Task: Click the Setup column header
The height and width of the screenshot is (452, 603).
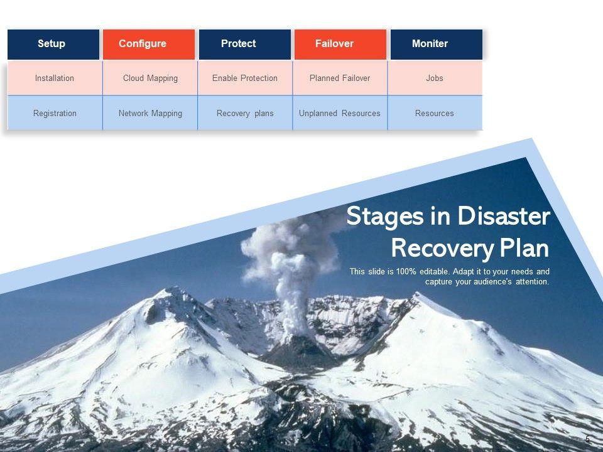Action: click(53, 44)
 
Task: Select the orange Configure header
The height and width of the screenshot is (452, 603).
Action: click(149, 44)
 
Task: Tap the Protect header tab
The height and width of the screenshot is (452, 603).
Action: click(245, 44)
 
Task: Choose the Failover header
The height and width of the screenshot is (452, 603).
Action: click(340, 44)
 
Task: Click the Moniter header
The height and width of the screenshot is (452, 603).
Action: click(436, 44)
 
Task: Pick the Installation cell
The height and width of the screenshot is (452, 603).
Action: click(55, 78)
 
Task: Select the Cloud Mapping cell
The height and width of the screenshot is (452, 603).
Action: click(150, 78)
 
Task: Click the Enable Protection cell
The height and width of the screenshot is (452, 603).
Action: click(245, 78)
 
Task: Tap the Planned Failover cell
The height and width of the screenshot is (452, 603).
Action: click(340, 78)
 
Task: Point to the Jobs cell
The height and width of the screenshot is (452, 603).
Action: click(435, 78)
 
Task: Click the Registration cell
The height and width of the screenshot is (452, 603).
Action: click(55, 114)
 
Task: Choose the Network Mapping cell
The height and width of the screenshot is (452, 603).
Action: click(150, 114)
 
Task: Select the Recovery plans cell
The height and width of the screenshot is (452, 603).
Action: click(245, 114)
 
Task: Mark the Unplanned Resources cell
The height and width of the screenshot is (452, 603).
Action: click(340, 114)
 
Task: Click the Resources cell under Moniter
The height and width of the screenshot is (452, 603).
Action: click(435, 114)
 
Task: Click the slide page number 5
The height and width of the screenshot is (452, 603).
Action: click(587, 439)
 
